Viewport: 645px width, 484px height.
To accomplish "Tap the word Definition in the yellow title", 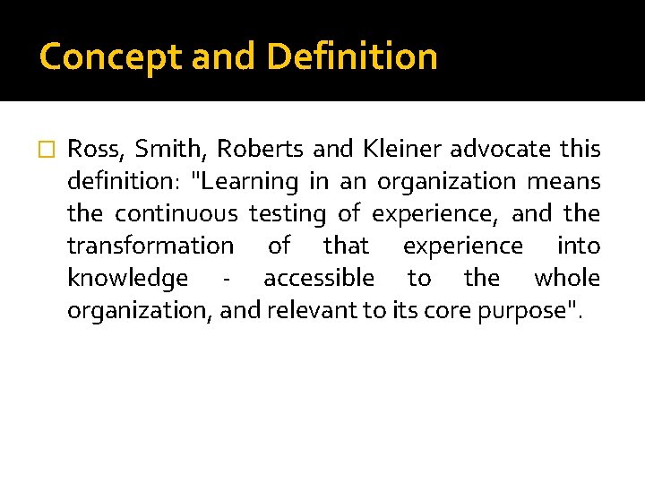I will point(352,57).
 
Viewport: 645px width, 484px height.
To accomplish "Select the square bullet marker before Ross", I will point(48,150).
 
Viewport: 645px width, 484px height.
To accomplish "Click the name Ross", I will point(95,149).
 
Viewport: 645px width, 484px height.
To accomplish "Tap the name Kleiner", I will point(404,149).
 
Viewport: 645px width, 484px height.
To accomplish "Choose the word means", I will point(563,181).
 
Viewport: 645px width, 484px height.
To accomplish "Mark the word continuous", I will point(176,213).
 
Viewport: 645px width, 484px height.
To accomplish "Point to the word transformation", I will point(150,246).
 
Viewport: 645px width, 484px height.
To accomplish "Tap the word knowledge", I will point(127,278).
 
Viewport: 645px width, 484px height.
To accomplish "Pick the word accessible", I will point(319,278).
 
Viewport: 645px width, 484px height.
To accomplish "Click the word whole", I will point(567,278).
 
